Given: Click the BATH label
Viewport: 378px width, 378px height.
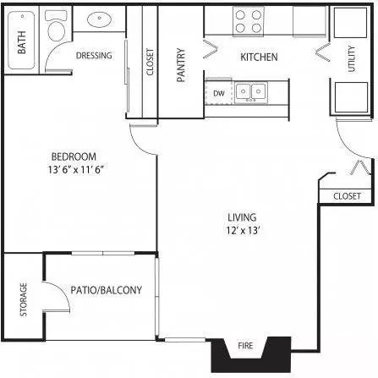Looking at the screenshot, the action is coord(22,42).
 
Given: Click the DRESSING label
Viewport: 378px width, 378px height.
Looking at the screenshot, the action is coord(94,56).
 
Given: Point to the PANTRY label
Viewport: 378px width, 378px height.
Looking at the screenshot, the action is coord(181,65).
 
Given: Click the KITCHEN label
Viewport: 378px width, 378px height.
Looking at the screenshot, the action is coord(259,57).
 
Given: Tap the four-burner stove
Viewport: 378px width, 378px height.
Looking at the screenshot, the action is coord(249,21).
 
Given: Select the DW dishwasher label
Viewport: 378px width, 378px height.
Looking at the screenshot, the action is coord(219,93).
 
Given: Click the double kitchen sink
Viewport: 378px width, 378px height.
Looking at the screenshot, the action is coord(251,91).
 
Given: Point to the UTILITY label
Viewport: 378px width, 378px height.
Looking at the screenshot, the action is coord(352,58).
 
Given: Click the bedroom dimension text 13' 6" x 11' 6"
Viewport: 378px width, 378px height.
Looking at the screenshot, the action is coord(76,170).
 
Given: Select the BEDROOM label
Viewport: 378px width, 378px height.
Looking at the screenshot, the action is coord(74,156).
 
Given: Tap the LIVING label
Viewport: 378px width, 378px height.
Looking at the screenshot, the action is coord(242,217).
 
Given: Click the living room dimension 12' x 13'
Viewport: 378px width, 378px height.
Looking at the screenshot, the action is coord(243,231).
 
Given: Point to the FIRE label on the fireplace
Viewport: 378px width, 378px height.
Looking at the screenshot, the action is coord(245,345).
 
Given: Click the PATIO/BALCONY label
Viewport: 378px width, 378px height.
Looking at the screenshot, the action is coord(106,290).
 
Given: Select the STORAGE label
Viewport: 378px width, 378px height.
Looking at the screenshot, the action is coord(24,299).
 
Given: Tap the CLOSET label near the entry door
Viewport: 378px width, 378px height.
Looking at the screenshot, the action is coord(347,196).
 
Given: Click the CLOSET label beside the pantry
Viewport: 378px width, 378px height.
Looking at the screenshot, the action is coord(150,62).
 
